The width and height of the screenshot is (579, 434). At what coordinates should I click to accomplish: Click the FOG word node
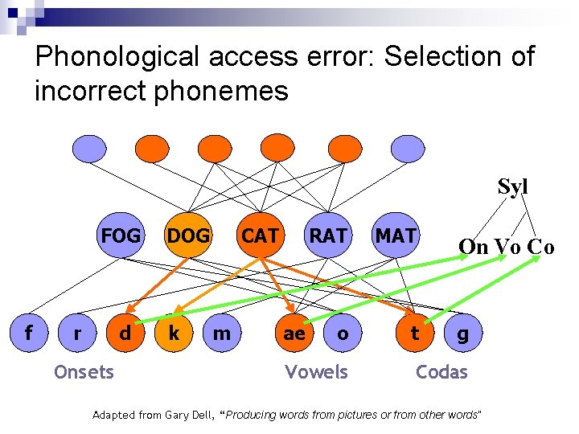[x=121, y=236]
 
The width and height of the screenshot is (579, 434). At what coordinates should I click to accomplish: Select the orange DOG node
[x=187, y=236]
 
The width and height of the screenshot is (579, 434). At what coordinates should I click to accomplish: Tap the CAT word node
[x=261, y=236]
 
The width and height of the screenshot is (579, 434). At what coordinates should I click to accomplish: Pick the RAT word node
[x=328, y=236]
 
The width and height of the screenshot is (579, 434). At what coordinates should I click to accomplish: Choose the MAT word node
[x=396, y=236]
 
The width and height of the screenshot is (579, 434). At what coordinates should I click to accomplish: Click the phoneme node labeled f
[x=29, y=333]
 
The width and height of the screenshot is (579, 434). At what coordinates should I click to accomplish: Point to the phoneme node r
[x=77, y=333]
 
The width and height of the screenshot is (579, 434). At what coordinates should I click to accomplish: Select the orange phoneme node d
[x=125, y=333]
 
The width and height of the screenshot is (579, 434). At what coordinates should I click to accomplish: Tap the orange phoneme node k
[x=173, y=333]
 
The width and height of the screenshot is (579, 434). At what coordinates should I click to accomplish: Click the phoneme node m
[x=222, y=333]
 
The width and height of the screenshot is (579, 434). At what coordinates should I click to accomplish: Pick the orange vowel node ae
[x=294, y=333]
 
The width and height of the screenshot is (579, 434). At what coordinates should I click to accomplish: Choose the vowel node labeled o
[x=343, y=333]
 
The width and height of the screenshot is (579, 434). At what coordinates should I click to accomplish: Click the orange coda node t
[x=414, y=333]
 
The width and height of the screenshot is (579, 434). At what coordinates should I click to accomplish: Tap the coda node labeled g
[x=462, y=333]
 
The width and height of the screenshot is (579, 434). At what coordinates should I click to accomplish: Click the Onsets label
[x=84, y=371]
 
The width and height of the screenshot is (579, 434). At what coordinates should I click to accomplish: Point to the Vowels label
[x=316, y=371]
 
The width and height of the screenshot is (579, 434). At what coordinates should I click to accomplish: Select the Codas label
[x=441, y=371]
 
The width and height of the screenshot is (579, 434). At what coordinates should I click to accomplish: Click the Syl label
[x=512, y=187]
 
